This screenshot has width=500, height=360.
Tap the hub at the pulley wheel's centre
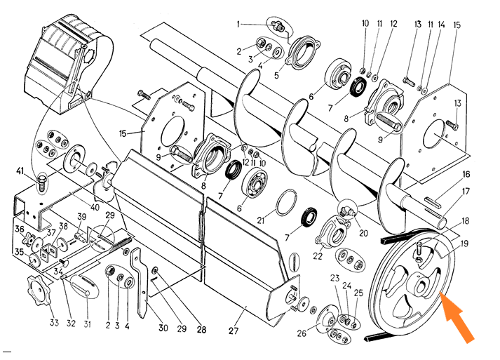(x=419, y=284)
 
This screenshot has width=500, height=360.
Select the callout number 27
(x=234, y=331)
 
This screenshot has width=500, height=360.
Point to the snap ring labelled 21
(x=287, y=202)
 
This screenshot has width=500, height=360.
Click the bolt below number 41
(x=41, y=184)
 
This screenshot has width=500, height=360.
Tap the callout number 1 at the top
(x=238, y=25)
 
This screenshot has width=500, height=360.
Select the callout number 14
(x=441, y=25)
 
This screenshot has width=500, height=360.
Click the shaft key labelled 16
(x=433, y=202)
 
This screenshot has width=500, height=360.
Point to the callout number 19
(x=464, y=244)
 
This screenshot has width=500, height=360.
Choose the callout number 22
(x=318, y=255)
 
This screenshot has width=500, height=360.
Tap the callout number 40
(x=95, y=207)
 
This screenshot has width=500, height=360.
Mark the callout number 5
(x=276, y=75)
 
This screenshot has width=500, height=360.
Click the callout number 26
(x=302, y=333)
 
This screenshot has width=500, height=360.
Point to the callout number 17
(x=466, y=192)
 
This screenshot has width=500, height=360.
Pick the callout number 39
(x=81, y=216)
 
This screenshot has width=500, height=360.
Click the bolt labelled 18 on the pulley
(x=419, y=251)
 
